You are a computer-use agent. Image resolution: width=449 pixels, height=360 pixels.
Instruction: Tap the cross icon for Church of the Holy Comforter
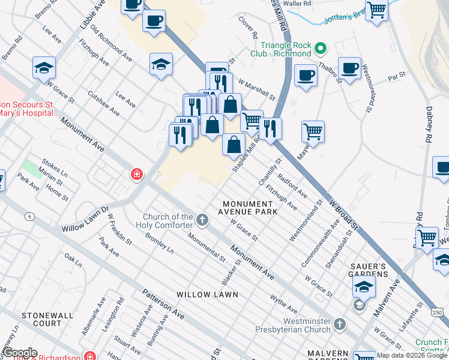[202, 220]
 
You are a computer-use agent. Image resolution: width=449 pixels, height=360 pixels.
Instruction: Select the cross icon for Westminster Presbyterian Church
[340, 325]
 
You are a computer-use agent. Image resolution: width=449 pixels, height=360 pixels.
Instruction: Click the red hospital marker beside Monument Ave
[137, 175]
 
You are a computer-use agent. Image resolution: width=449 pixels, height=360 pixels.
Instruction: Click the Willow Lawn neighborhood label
[207, 295]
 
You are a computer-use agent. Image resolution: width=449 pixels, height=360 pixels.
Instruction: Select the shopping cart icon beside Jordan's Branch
[376, 10]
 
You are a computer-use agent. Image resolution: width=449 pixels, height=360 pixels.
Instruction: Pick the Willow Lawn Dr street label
[84, 220]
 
